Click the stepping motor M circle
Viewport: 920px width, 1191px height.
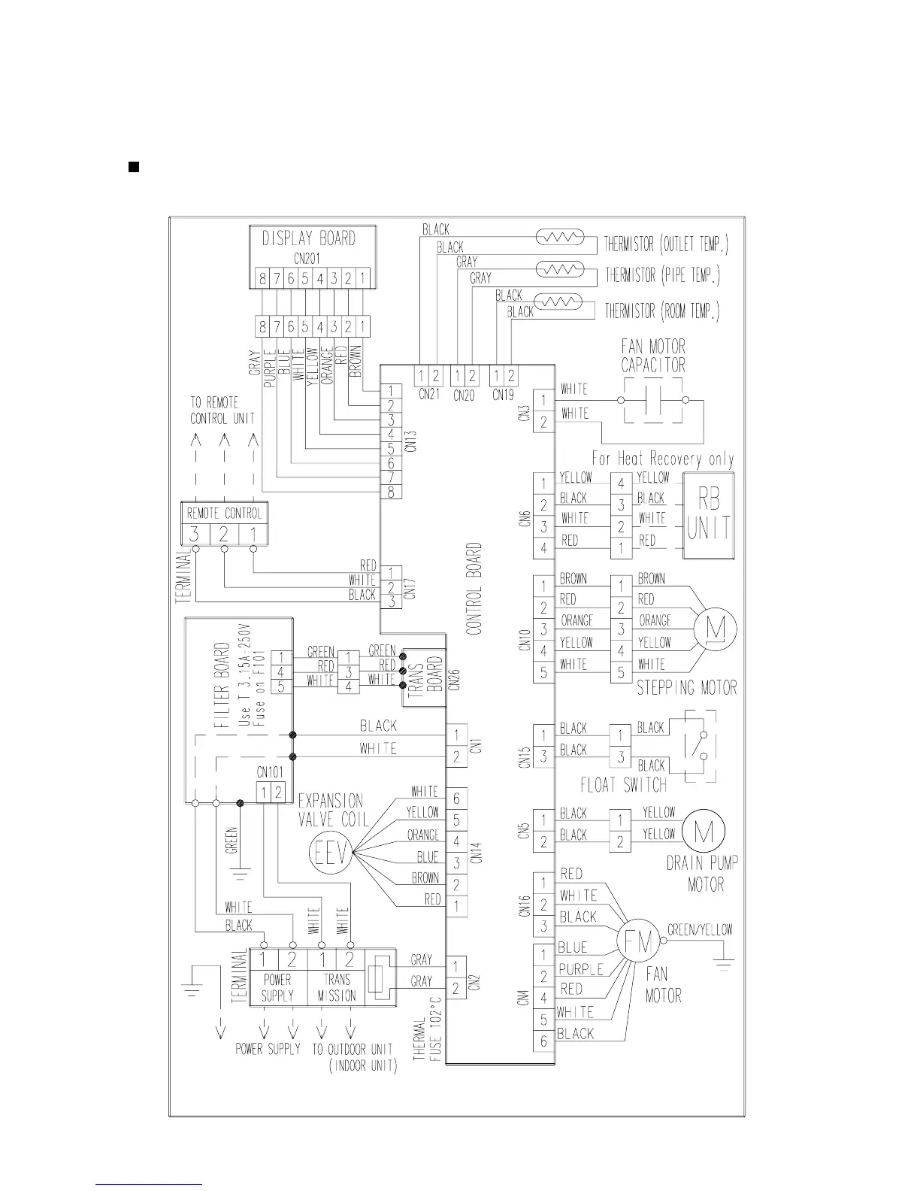tap(714, 629)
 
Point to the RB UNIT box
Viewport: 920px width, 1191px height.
tap(708, 516)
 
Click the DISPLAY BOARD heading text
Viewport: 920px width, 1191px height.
tap(308, 238)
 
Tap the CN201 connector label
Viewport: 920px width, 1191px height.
tap(308, 258)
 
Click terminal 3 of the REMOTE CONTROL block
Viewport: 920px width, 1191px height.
tap(195, 535)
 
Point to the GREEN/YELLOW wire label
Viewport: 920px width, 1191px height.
tap(699, 930)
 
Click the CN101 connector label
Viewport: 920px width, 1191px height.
tap(270, 772)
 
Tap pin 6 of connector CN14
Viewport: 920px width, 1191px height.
tap(456, 799)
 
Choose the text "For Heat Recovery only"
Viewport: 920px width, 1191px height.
tap(662, 459)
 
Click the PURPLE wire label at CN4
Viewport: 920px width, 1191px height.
tap(580, 969)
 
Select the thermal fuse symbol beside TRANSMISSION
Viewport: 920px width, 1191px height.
tap(382, 976)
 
